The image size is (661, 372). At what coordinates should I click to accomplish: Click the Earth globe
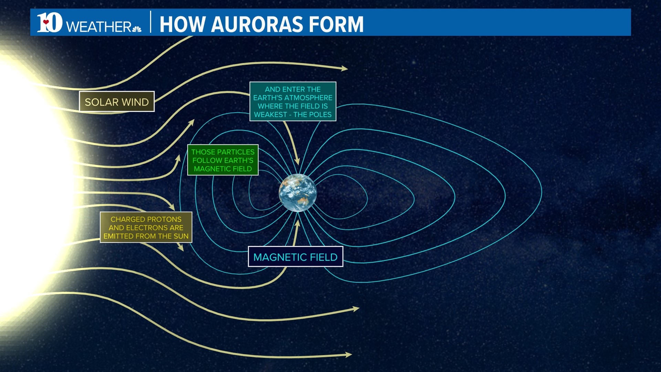click(298, 193)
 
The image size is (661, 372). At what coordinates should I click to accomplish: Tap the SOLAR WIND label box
click(117, 102)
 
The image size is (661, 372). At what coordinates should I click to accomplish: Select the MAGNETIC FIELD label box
click(295, 257)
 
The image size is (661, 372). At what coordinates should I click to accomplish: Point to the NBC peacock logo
click(137, 29)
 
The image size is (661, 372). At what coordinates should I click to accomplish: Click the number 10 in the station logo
click(50, 23)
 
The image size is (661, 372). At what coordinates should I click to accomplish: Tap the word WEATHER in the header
click(98, 27)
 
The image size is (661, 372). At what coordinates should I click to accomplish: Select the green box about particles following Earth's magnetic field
click(223, 160)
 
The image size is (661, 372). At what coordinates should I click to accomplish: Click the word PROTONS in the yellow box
click(164, 219)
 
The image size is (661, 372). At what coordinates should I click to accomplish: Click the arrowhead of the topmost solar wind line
click(344, 69)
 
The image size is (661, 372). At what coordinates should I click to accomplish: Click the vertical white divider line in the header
click(151, 22)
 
